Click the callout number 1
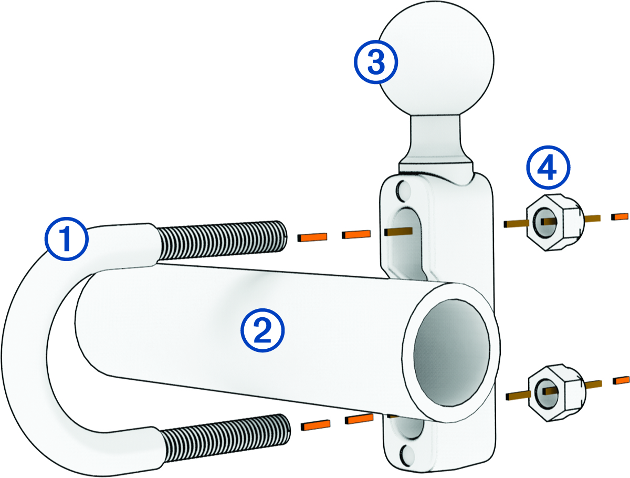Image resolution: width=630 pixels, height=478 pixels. [x=66, y=239]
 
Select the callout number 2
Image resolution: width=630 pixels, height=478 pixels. [x=262, y=329]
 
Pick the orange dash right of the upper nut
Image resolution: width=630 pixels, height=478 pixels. [x=620, y=216]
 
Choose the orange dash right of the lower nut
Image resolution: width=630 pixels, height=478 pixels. [x=621, y=379]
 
